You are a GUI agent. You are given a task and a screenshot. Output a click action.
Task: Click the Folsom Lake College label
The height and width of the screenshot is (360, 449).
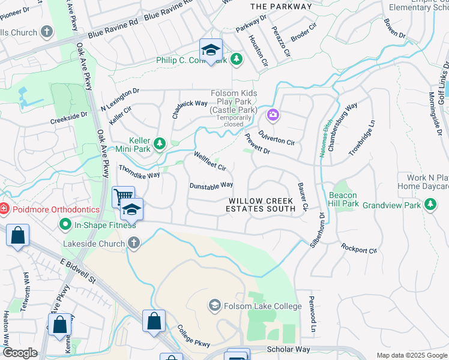[263, 307]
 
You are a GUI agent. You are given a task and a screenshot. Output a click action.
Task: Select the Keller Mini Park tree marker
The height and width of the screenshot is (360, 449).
[160, 143]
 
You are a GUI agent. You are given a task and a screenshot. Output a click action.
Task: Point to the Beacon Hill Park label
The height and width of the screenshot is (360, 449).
[343, 200]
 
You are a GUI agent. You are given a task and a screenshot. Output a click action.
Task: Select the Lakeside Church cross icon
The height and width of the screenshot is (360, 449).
[133, 243]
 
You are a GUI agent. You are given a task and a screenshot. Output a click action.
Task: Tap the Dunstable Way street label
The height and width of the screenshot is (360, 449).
[211, 186]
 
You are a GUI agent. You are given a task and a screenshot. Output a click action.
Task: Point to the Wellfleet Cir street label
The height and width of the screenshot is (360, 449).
[209, 161]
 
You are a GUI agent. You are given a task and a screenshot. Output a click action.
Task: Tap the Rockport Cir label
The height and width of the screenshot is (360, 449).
[359, 248]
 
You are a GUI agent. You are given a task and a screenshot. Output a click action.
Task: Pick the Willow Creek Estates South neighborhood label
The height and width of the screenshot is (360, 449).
[261, 205]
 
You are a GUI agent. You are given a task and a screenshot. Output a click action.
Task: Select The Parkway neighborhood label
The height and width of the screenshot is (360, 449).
[281, 7]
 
